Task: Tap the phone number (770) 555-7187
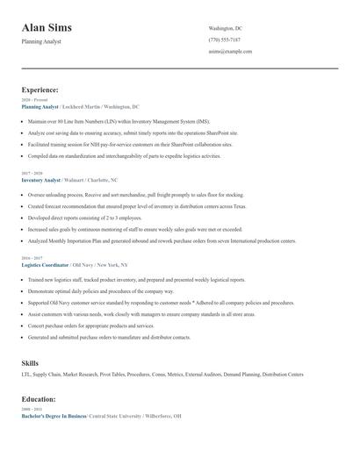(224, 40)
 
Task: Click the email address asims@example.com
(230, 52)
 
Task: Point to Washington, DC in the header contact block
(229, 29)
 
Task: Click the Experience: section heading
(40, 89)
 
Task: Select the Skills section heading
(30, 362)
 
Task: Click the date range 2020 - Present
(35, 100)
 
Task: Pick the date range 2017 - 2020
(33, 174)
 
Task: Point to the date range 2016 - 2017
(33, 258)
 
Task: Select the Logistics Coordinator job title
(48, 264)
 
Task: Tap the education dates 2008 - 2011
(33, 410)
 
